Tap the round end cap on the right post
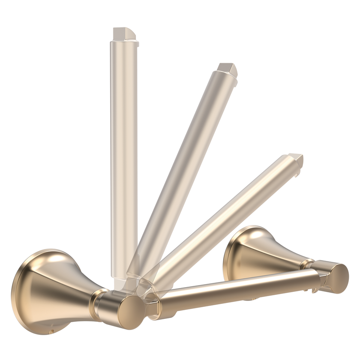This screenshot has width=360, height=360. pyautogui.click(x=339, y=278)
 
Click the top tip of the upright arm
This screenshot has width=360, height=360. pyautogui.click(x=124, y=33)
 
